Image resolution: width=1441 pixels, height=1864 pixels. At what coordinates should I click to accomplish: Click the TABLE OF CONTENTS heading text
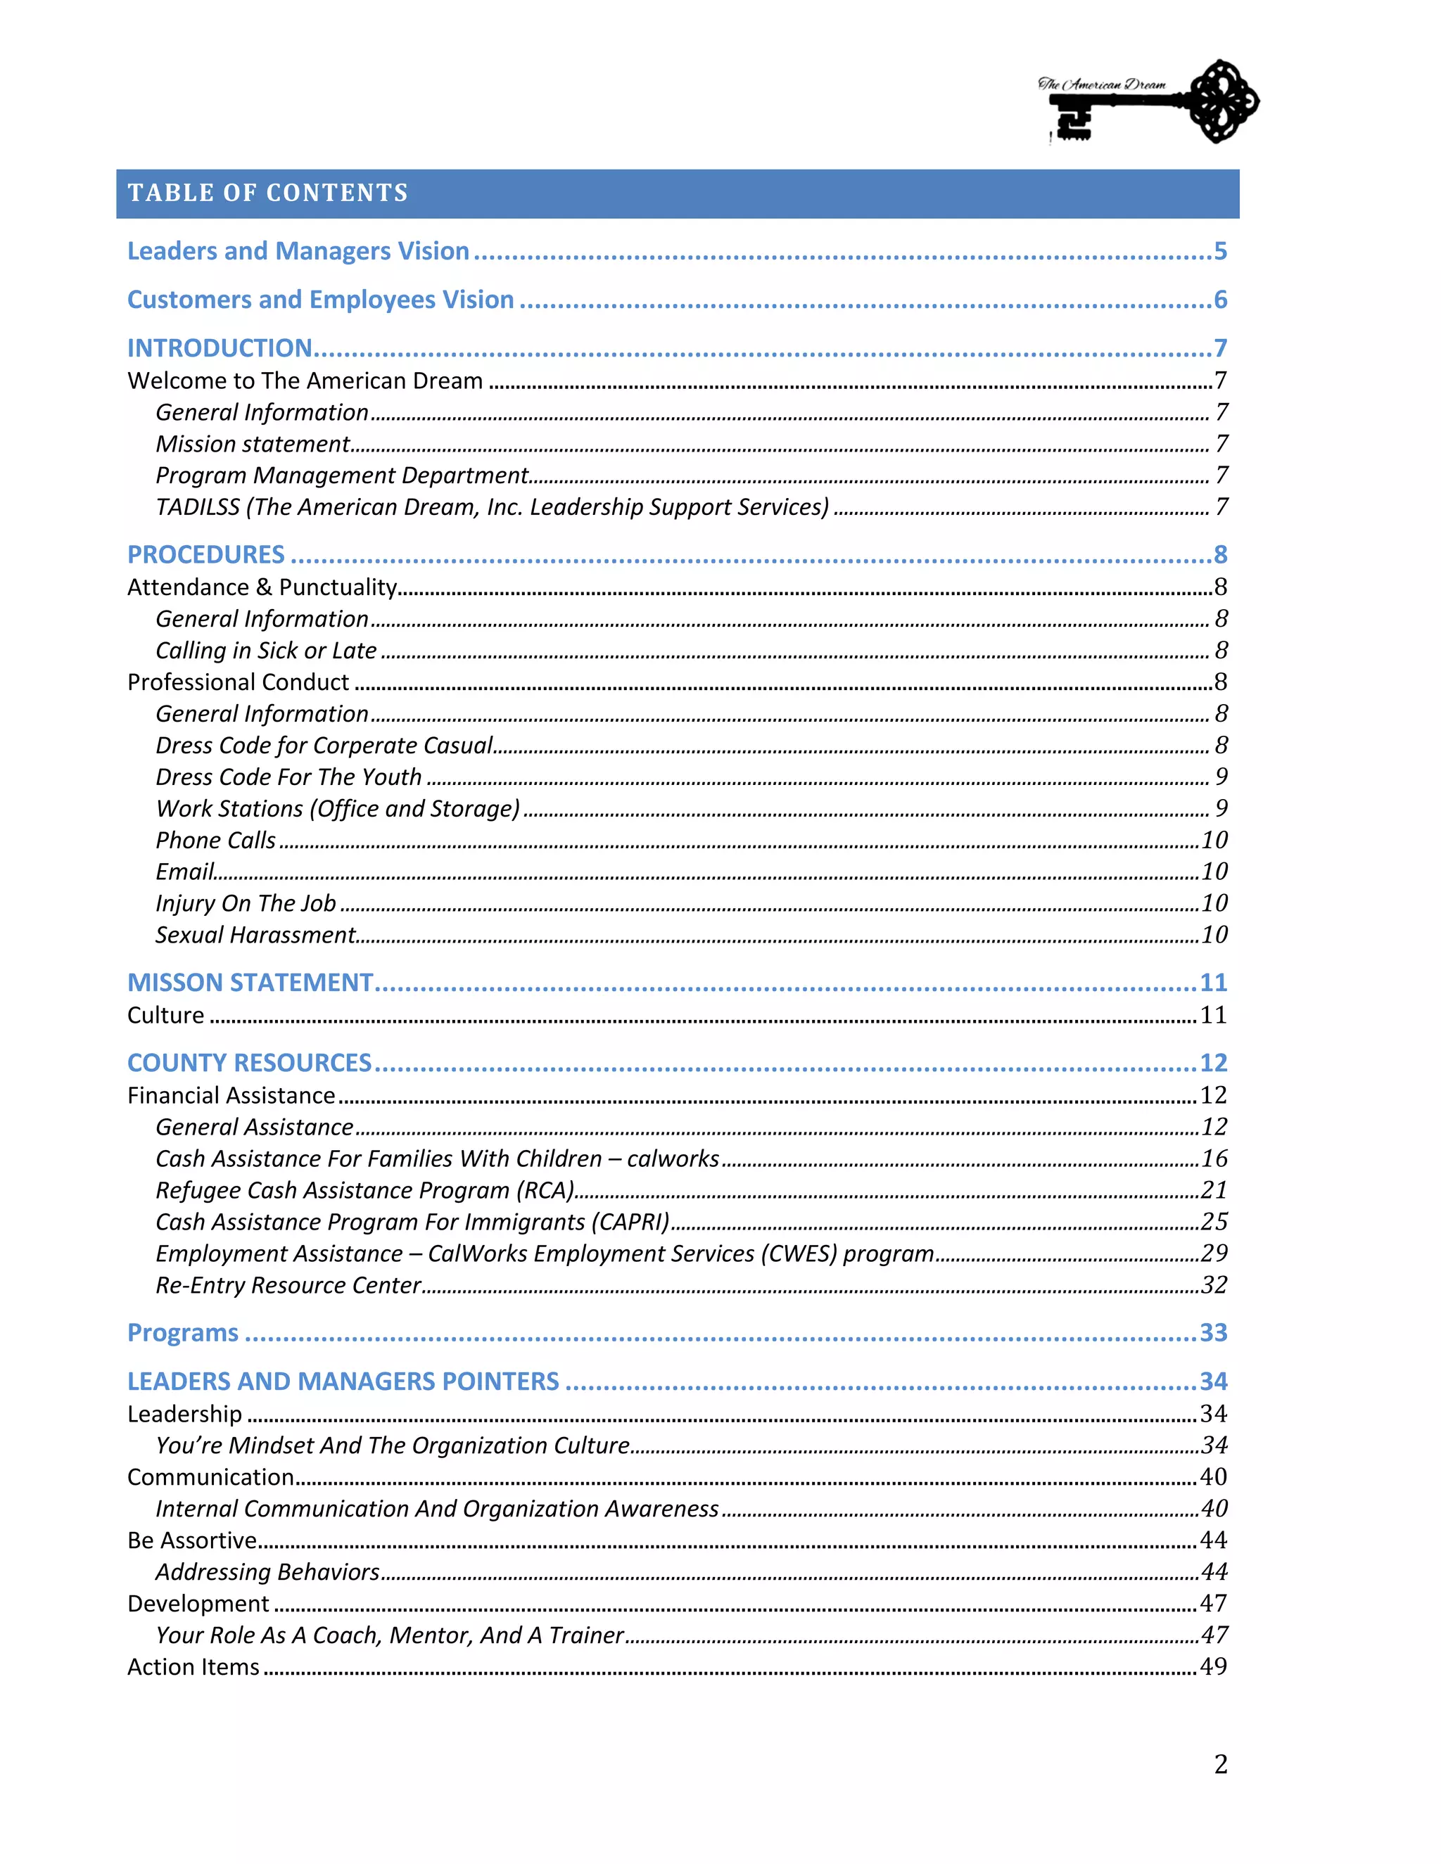pyautogui.click(x=267, y=193)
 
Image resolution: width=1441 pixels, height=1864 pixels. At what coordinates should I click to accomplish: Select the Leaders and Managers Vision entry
pyautogui.click(x=298, y=251)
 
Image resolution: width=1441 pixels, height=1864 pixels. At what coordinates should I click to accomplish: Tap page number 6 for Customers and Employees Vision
pyautogui.click(x=1220, y=300)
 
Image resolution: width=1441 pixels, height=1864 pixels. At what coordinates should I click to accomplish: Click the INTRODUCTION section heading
pyautogui.click(x=220, y=348)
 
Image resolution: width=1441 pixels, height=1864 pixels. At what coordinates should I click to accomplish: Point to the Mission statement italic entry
pyautogui.click(x=253, y=444)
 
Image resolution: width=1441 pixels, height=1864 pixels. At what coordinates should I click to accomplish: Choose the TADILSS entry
pyautogui.click(x=492, y=507)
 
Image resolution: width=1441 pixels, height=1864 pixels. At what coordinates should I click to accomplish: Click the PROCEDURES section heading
pyautogui.click(x=205, y=555)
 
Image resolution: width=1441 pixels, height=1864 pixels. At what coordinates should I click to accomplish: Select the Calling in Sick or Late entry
pyautogui.click(x=265, y=651)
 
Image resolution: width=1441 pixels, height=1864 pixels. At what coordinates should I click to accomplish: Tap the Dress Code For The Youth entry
pyautogui.click(x=288, y=777)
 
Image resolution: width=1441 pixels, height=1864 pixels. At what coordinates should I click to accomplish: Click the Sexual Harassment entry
pyautogui.click(x=255, y=935)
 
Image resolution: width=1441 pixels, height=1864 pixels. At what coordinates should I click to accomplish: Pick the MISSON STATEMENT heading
pyautogui.click(x=250, y=983)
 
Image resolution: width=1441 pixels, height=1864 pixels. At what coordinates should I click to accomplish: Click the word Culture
pyautogui.click(x=165, y=1015)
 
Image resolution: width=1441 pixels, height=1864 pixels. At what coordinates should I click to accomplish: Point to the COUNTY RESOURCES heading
pyautogui.click(x=249, y=1063)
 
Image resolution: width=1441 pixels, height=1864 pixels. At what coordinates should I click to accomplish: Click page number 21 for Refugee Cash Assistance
pyautogui.click(x=1213, y=1189)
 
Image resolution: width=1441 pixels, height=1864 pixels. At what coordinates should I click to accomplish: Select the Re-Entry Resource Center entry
pyautogui.click(x=288, y=1284)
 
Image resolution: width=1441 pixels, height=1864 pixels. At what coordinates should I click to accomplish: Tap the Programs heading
pyautogui.click(x=183, y=1332)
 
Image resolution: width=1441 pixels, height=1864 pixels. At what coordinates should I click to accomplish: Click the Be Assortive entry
pyautogui.click(x=192, y=1540)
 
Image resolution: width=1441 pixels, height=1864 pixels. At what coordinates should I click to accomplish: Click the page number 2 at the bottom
pyautogui.click(x=1220, y=1763)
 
